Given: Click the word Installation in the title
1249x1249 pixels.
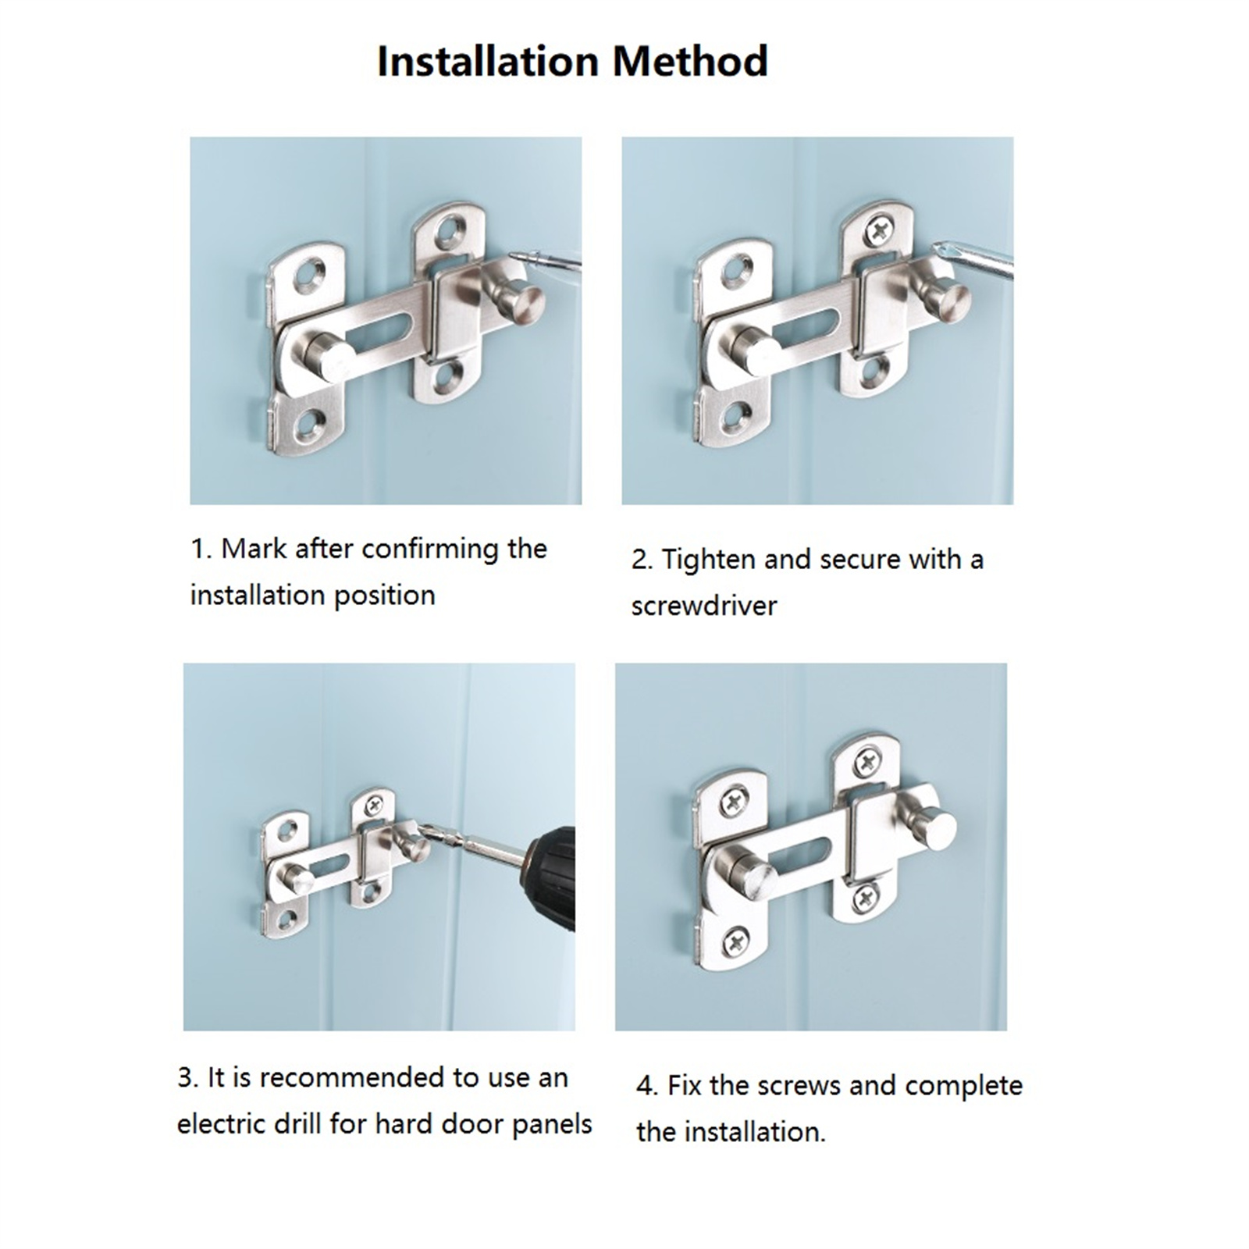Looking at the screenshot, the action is [x=488, y=62].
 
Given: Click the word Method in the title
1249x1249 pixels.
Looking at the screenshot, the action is [x=690, y=62].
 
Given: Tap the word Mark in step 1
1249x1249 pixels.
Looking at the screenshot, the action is [x=254, y=549].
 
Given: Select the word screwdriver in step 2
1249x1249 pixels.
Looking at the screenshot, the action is [x=704, y=606].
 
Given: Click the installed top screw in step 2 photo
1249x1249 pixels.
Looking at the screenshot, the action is [x=880, y=229].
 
